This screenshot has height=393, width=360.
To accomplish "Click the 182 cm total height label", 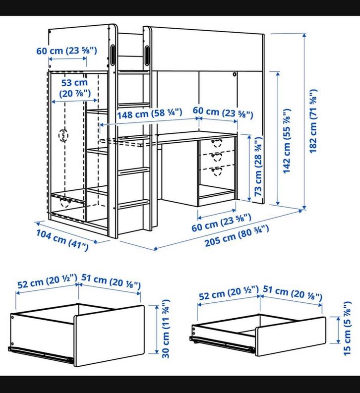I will click(313, 121).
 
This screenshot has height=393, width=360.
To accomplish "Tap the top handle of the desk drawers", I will click(216, 143).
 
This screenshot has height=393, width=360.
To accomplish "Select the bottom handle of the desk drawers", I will click(216, 171).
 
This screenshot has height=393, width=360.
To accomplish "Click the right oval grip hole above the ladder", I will click(147, 54).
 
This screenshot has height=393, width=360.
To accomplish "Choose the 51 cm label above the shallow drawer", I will click(293, 292).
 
